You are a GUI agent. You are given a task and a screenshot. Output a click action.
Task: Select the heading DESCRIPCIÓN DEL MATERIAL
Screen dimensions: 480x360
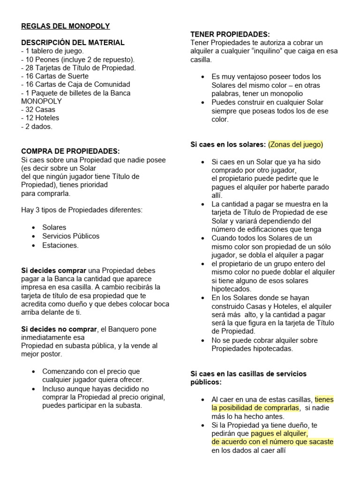(x=73, y=43)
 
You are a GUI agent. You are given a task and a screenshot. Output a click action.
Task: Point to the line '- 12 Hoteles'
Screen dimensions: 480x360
(x=40, y=118)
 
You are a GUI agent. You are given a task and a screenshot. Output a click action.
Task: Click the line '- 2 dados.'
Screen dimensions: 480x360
(x=37, y=127)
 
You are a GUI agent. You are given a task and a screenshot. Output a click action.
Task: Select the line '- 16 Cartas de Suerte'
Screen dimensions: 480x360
(x=57, y=76)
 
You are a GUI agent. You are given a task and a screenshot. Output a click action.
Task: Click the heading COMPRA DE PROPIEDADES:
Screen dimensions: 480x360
(x=70, y=152)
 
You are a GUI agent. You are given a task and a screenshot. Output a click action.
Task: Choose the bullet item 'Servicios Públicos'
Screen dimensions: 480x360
(x=71, y=236)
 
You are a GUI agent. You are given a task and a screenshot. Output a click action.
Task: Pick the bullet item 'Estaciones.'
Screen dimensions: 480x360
(x=60, y=245)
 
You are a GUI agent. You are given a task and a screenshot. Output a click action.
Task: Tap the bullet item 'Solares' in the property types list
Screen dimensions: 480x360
(x=54, y=228)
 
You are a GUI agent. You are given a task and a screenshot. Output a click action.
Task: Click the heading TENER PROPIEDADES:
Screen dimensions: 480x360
(x=230, y=34)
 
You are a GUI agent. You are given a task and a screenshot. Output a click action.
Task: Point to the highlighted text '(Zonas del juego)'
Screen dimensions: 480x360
(x=296, y=144)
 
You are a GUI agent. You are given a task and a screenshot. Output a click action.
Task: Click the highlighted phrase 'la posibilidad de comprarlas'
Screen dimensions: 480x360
(x=255, y=408)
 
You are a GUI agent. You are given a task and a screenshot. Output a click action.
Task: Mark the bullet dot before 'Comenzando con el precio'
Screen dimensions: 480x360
(x=34, y=372)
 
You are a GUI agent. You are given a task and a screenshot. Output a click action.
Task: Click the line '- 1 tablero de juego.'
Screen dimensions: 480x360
(x=52, y=51)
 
